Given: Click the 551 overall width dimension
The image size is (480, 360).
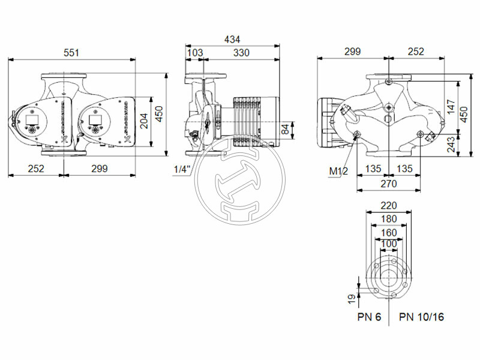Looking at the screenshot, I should pos(71,53).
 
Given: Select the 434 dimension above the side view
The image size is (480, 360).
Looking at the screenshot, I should pos(232,39).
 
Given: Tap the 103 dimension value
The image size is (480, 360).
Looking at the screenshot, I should pos(195,53).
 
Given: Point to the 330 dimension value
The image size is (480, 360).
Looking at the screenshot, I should pos(241,53).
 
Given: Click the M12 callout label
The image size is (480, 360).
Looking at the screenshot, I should pos(338,172).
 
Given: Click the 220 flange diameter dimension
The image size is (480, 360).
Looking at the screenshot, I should pos(389,206).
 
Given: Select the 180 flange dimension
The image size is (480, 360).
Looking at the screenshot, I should pos(389,218).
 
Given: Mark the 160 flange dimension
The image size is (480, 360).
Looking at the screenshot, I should pos(389,232).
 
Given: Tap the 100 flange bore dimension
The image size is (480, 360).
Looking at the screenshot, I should pos(389,244).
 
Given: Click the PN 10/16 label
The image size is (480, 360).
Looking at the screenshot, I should pos(422,317).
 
